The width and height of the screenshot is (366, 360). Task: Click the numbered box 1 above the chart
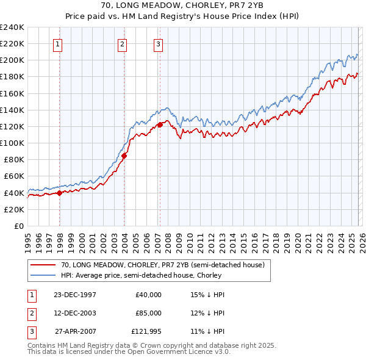point(57,43)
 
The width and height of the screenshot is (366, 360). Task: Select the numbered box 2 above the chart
point(122,43)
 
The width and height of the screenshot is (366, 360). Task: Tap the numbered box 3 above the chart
point(158,43)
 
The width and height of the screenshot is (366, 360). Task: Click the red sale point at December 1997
point(60,193)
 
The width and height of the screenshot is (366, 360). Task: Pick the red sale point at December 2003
point(124,156)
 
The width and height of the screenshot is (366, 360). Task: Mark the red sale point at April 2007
point(160,124)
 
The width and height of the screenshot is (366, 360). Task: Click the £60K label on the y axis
point(13,176)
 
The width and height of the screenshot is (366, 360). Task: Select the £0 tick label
point(18,226)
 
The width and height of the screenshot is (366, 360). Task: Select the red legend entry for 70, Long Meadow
point(162,265)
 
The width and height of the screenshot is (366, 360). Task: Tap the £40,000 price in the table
point(149,295)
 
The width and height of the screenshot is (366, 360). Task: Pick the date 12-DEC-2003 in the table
point(74,313)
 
